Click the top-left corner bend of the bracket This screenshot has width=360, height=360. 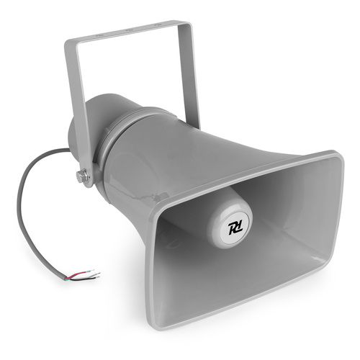click(x=70, y=41)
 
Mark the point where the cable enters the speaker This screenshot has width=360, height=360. click(x=70, y=151)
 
